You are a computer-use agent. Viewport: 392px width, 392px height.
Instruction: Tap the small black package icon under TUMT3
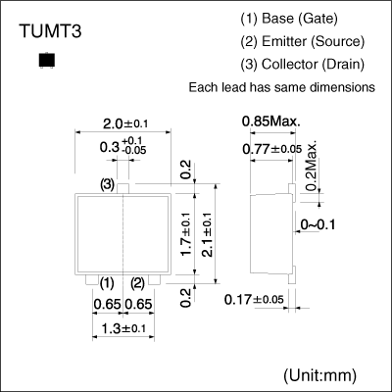[x=43, y=62]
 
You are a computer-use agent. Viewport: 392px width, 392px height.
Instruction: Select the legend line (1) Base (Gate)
[x=292, y=20]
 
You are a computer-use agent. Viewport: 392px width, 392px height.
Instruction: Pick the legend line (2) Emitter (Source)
[x=302, y=42]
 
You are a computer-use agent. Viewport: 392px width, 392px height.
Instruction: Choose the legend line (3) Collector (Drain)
[x=302, y=65]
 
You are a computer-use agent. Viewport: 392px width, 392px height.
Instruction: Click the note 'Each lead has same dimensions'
[x=281, y=87]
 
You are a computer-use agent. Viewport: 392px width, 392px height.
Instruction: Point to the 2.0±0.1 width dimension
[x=124, y=123]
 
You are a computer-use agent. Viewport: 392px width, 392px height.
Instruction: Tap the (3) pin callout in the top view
[x=107, y=184]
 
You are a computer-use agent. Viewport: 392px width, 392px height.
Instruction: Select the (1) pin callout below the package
[x=107, y=283]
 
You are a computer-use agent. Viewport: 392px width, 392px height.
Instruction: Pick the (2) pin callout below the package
[x=138, y=283]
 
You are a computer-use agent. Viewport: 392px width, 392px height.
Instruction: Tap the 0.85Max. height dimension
[x=271, y=121]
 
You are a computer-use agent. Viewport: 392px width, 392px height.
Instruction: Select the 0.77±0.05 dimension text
[x=272, y=148]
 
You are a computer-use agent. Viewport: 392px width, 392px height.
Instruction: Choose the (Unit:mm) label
[x=319, y=375]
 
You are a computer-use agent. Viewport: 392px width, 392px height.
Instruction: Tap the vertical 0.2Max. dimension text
[x=313, y=166]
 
